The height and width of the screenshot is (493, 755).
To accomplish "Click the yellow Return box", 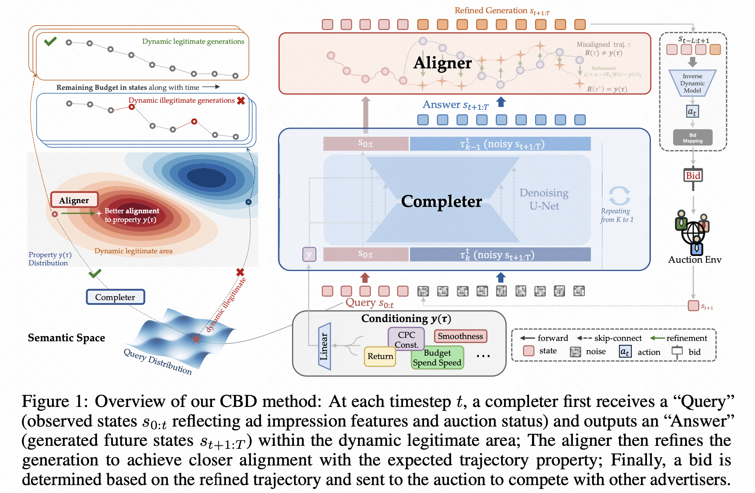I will coord(380,356).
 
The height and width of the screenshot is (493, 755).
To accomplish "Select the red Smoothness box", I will coord(460,336).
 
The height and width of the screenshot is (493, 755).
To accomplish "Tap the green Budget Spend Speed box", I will coord(437,358).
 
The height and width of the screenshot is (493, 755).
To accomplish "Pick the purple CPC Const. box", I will coord(406,339).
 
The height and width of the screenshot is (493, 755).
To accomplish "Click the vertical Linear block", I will coord(325,346).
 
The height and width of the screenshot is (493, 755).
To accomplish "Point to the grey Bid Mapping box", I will coord(693,138).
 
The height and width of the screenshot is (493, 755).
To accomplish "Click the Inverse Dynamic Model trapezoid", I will coord(692,83).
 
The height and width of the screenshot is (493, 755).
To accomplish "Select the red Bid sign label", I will coord(693,176).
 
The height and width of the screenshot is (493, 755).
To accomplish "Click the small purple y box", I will coord(309,254).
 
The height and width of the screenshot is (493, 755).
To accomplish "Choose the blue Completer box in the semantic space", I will coord(115,297).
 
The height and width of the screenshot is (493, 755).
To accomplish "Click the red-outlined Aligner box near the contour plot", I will coord(74,200).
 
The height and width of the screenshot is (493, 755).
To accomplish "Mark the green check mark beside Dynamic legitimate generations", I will coord(50,41).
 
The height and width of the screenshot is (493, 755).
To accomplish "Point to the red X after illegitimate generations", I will coord(241,100).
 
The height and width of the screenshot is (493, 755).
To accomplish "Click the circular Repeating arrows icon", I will coord(619,196).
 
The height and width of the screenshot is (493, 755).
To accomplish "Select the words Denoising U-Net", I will coord(544,199).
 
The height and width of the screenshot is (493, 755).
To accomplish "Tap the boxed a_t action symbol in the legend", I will coord(625,352).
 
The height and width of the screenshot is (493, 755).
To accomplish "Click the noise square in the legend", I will coord(575,352).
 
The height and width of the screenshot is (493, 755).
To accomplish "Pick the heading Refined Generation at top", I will coord(501,11).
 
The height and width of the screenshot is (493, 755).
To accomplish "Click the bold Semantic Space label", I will coord(67,337).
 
